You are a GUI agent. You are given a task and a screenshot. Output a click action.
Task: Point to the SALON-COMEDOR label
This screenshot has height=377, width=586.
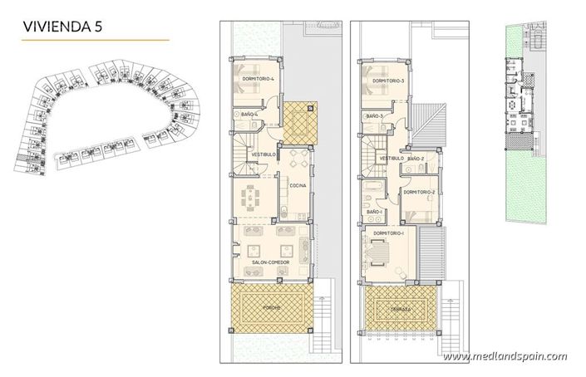pos(268,262)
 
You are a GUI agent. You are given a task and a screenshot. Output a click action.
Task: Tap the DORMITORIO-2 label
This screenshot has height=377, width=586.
pos(419,193)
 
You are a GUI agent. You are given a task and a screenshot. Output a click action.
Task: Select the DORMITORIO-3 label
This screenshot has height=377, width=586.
pos(387,81)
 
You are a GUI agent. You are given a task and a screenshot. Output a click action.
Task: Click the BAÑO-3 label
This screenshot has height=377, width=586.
pos(373,116)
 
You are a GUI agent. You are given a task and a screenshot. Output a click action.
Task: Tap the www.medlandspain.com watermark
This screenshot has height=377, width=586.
pos(505,357)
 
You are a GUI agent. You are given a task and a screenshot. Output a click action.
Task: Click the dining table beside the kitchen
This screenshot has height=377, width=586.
pos(251,199)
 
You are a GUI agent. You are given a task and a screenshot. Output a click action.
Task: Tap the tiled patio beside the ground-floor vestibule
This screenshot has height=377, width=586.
pos(298,121)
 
